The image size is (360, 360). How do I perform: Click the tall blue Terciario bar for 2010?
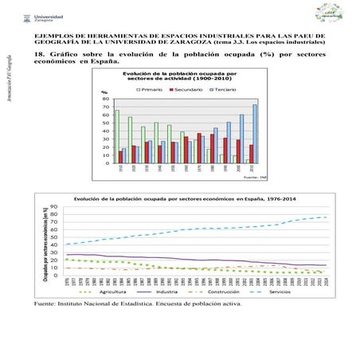255,133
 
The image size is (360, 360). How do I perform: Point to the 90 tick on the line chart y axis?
55,208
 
